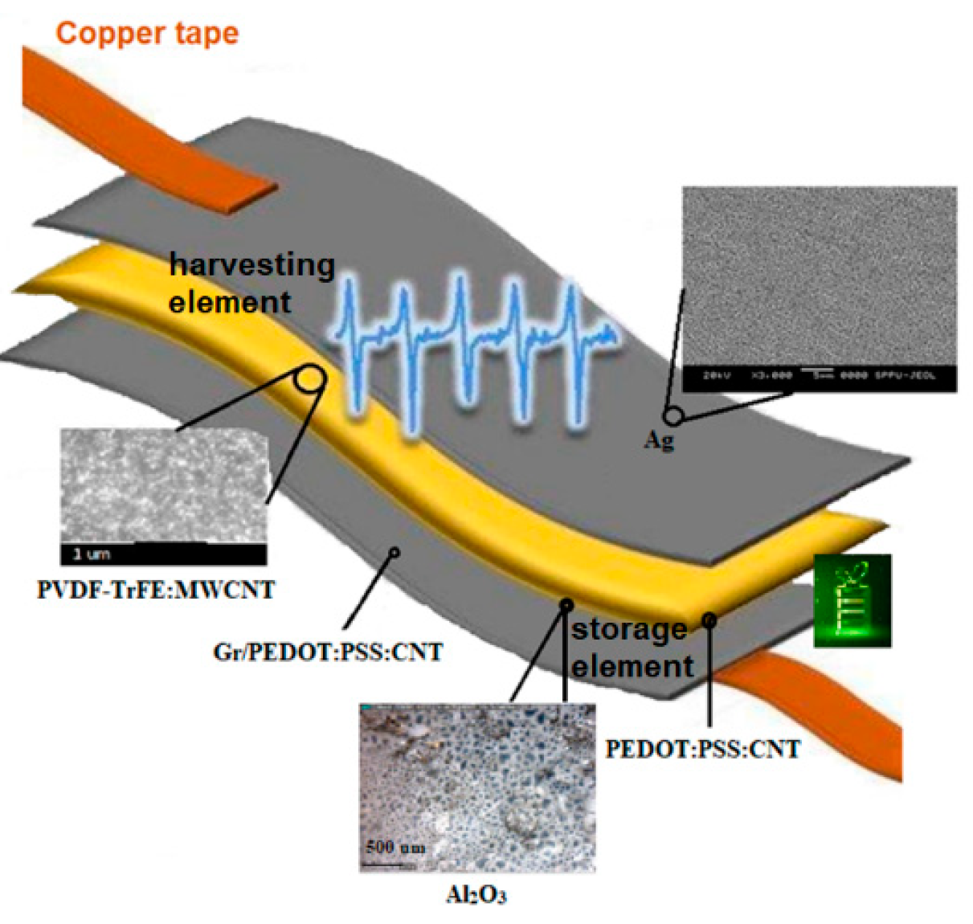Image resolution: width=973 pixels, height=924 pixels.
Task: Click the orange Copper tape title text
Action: pyautogui.click(x=147, y=34)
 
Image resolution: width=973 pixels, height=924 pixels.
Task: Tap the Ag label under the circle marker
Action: pyautogui.click(x=659, y=440)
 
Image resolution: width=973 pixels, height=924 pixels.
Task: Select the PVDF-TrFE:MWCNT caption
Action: pyautogui.click(x=156, y=590)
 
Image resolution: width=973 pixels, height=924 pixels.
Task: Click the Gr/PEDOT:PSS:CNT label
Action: pyautogui.click(x=328, y=652)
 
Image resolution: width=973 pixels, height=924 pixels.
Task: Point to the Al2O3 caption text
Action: pyautogui.click(x=476, y=894)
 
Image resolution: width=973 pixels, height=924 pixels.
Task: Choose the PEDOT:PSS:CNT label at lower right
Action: pyautogui.click(x=702, y=749)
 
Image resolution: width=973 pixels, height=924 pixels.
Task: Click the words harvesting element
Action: pyautogui.click(x=251, y=283)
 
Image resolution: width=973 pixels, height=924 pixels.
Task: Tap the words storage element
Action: pyautogui.click(x=632, y=648)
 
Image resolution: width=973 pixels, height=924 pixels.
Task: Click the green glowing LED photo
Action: pyautogui.click(x=852, y=600)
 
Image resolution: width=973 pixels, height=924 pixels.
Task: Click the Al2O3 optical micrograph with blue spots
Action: pyautogui.click(x=477, y=787)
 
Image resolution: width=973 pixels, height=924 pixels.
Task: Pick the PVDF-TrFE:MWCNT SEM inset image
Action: pyautogui.click(x=164, y=486)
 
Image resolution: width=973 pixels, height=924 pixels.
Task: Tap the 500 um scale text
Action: pyautogui.click(x=395, y=847)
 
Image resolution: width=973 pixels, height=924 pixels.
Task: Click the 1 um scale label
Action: pyautogui.click(x=92, y=554)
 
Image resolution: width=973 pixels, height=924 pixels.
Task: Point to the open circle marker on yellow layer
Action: pyautogui.click(x=309, y=378)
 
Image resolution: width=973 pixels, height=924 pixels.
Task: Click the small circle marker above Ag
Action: pyautogui.click(x=674, y=416)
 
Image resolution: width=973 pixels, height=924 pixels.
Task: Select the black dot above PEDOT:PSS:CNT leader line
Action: pyautogui.click(x=709, y=620)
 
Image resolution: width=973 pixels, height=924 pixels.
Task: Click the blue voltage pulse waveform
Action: pyautogui.click(x=474, y=345)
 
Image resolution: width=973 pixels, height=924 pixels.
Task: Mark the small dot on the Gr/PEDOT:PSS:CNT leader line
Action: pyautogui.click(x=394, y=552)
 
